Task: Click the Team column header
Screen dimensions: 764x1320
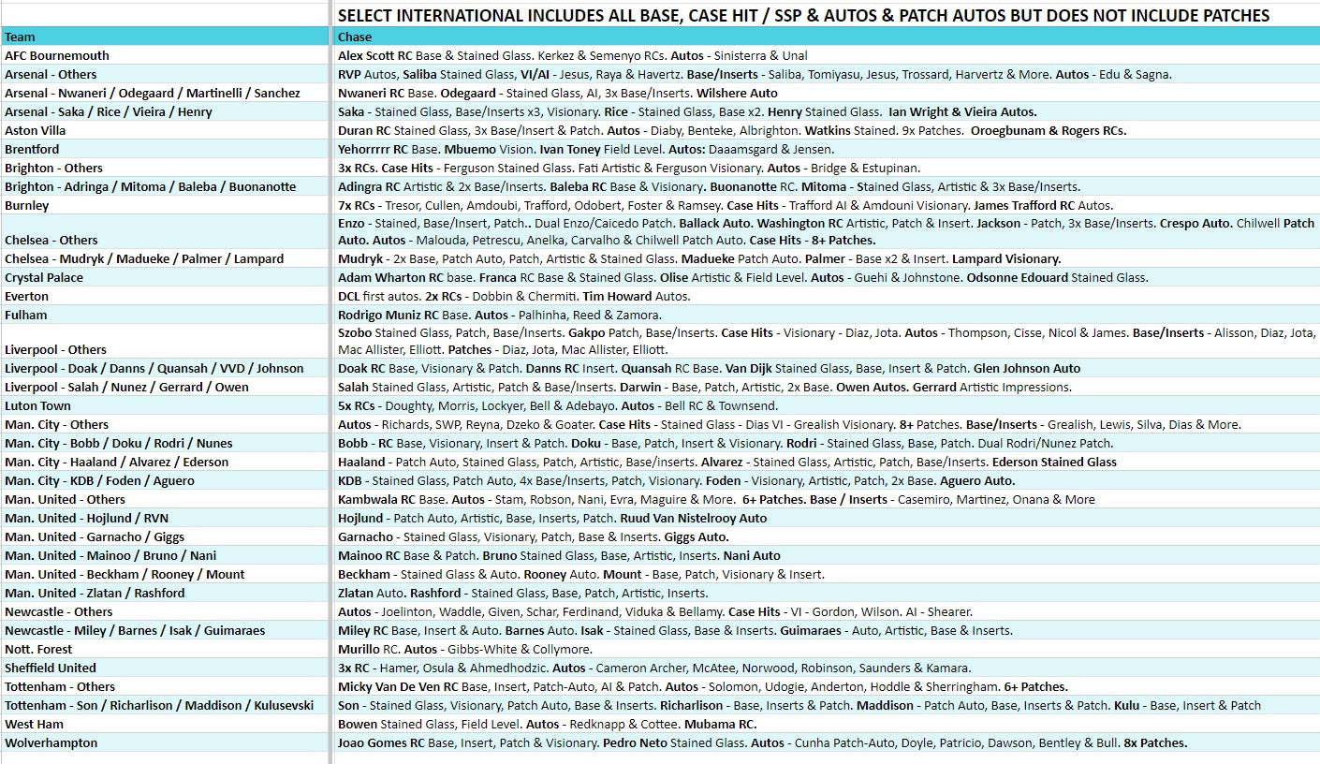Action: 20,37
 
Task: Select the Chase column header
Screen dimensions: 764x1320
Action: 355,37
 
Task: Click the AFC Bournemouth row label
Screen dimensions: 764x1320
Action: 57,56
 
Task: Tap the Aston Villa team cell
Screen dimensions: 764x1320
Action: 35,131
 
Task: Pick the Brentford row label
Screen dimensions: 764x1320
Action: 32,150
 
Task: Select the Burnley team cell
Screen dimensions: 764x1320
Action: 27,206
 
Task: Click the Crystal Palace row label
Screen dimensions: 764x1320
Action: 44,278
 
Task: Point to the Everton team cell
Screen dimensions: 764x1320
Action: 26,297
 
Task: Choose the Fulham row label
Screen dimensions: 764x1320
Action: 25,316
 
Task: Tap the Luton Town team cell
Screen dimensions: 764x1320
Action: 37,406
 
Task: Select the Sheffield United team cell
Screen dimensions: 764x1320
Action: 51,668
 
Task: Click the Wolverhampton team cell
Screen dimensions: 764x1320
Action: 51,743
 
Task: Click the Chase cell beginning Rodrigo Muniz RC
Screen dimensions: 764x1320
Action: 499,316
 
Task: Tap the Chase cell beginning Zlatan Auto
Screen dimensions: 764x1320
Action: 522,594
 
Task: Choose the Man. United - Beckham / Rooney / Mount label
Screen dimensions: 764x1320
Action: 125,575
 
